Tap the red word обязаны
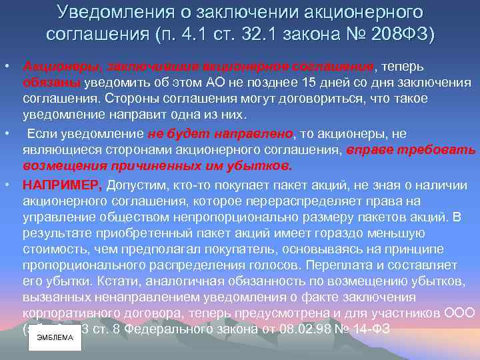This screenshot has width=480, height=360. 51,83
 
